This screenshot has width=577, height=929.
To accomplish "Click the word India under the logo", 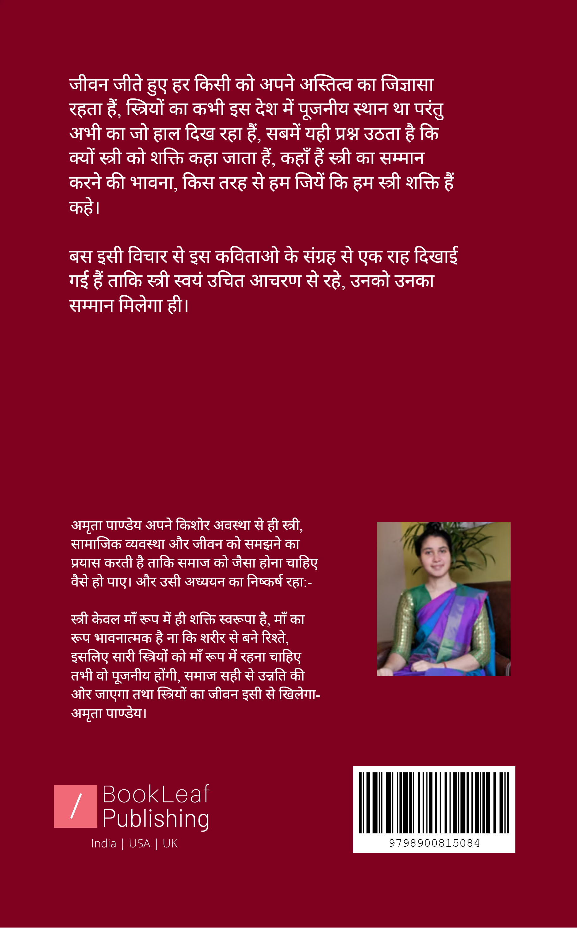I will click(x=103, y=844).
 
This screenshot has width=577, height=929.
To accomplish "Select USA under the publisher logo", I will click(x=140, y=844).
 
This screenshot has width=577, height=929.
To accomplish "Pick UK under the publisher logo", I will click(x=170, y=844).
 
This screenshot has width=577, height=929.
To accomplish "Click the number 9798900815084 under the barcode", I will click(x=434, y=843).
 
